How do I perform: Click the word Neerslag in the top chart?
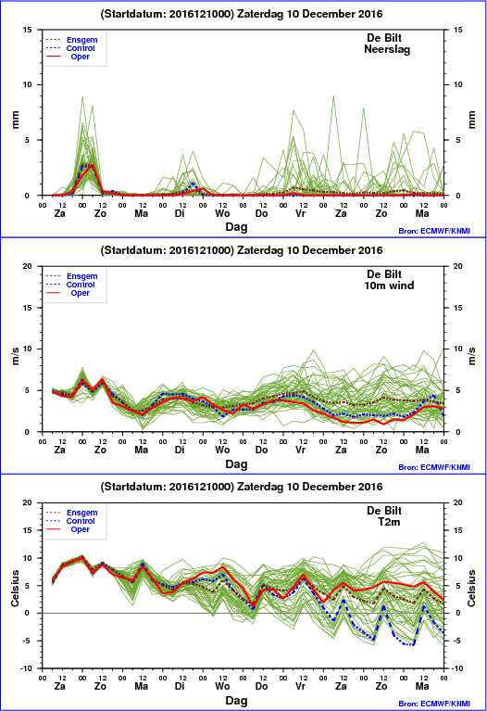coord(387,49)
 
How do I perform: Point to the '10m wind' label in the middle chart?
coord(389,286)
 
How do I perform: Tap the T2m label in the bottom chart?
coord(389,522)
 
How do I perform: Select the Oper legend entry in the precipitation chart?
coord(81,57)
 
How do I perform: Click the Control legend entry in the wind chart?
coord(81,285)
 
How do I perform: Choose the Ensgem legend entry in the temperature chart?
coord(82,513)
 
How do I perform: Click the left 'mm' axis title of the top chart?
coord(16,120)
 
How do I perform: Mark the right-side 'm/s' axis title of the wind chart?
coord(471,356)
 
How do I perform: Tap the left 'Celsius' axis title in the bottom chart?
coord(16,588)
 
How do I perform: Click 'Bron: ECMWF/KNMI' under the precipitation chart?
coord(434,231)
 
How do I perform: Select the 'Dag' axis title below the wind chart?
coord(236,464)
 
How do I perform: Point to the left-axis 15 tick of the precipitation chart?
coord(27,30)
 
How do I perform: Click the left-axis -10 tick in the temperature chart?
coord(27,668)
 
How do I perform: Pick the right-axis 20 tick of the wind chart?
coord(458,266)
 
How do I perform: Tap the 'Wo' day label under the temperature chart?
coord(222,686)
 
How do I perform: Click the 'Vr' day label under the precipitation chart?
coord(300,213)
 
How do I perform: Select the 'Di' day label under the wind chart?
coord(180,450)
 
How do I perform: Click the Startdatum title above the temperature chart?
coord(242,487)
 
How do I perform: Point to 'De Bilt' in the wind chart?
coord(384,274)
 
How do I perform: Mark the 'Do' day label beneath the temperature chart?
coord(261,686)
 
